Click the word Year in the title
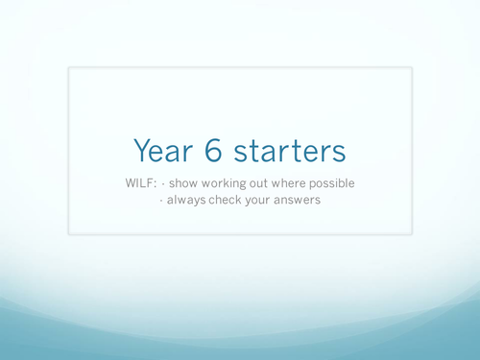(x=164, y=151)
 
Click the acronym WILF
(x=140, y=183)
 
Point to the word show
(x=186, y=183)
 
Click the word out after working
(x=272, y=183)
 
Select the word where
(x=307, y=183)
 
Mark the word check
(x=229, y=201)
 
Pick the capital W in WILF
(x=131, y=183)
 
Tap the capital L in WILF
(x=144, y=183)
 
